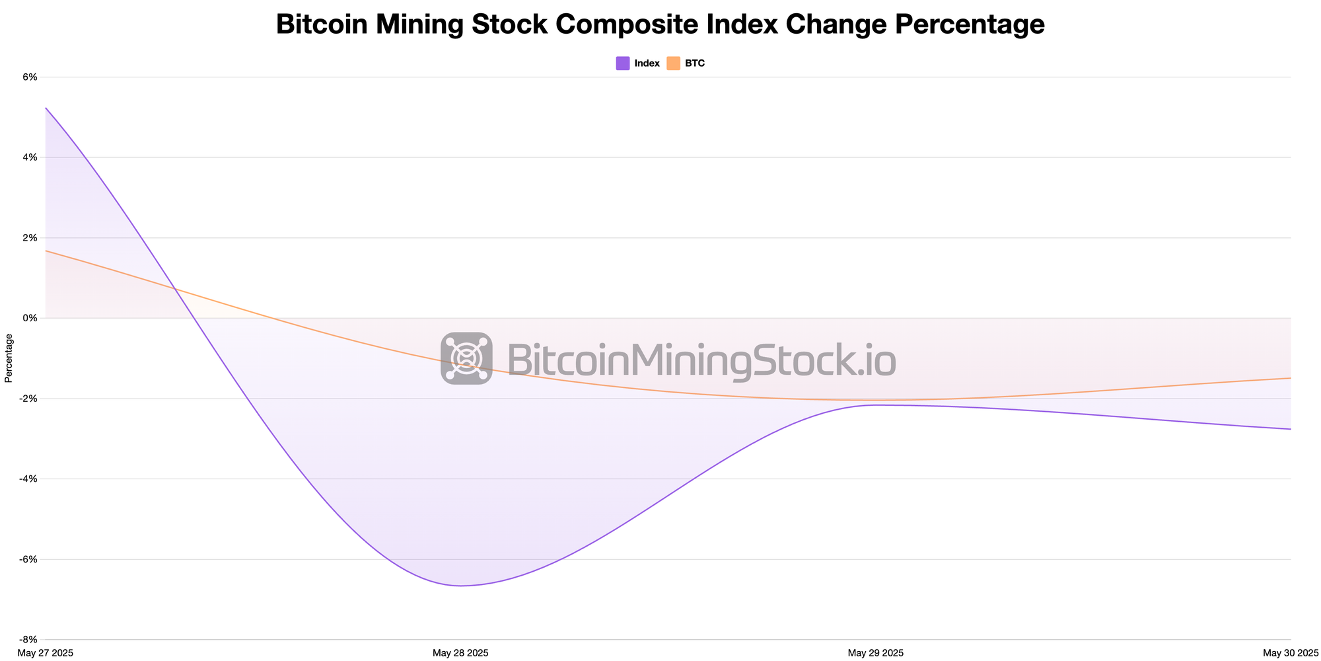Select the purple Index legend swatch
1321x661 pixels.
(622, 63)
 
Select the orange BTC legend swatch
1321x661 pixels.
(673, 63)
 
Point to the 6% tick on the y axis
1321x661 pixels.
(30, 77)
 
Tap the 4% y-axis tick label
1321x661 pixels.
(30, 157)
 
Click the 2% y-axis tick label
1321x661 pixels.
(30, 238)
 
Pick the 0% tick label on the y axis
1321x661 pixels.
(30, 318)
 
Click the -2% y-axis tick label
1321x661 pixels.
(28, 399)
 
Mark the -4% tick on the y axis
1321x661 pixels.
(28, 479)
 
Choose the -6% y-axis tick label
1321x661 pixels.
(28, 559)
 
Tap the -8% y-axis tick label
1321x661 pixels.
(28, 640)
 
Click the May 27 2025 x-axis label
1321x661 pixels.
(46, 653)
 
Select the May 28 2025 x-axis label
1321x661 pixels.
(460, 653)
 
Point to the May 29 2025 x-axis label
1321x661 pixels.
(876, 653)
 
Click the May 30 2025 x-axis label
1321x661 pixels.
(1291, 653)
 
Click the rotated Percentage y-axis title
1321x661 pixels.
(9, 358)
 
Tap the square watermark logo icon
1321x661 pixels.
(466, 358)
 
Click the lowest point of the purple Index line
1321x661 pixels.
(461, 586)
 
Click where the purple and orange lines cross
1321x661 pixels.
(174, 289)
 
